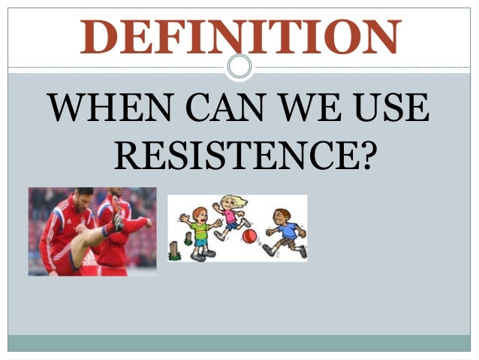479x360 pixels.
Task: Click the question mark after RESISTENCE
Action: click(x=363, y=155)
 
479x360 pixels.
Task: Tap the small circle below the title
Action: click(x=239, y=68)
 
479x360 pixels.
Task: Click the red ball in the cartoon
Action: click(x=249, y=237)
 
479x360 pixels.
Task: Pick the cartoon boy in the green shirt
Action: click(x=200, y=229)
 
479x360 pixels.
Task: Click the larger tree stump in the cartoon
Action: click(x=174, y=250)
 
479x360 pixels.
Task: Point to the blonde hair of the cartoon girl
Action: click(x=234, y=201)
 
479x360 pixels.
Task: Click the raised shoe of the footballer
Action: click(x=118, y=222)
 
